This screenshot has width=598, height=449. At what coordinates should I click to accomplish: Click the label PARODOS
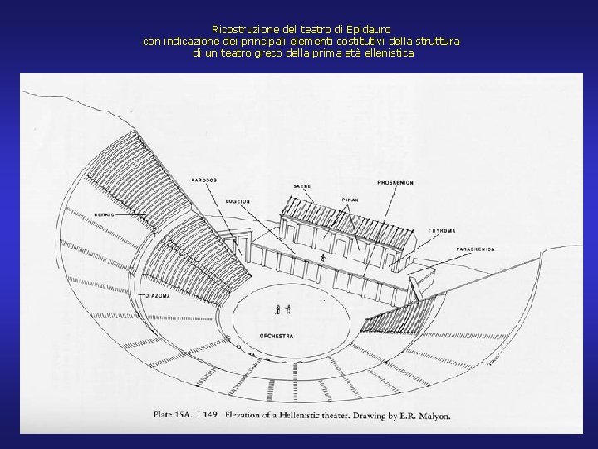pyautogui.click(x=203, y=180)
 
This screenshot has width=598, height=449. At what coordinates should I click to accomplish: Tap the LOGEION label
pyautogui.click(x=238, y=201)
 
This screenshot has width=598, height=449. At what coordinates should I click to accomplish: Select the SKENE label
pyautogui.click(x=302, y=185)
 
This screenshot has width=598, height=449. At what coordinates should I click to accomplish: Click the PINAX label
pyautogui.click(x=350, y=200)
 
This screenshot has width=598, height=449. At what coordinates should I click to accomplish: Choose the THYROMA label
pyautogui.click(x=441, y=229)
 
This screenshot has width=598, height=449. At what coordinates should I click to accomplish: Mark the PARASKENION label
pyautogui.click(x=475, y=249)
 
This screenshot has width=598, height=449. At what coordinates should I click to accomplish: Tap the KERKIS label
pyautogui.click(x=104, y=215)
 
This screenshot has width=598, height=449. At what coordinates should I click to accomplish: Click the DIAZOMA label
pyautogui.click(x=158, y=294)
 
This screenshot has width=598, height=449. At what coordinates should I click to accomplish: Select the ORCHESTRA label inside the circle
pyautogui.click(x=277, y=335)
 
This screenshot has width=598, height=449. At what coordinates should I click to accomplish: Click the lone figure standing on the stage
pyautogui.click(x=322, y=259)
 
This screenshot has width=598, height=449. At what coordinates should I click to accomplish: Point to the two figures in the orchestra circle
pyautogui.click(x=282, y=309)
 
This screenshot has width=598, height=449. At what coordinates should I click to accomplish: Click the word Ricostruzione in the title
pyautogui.click(x=240, y=28)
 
